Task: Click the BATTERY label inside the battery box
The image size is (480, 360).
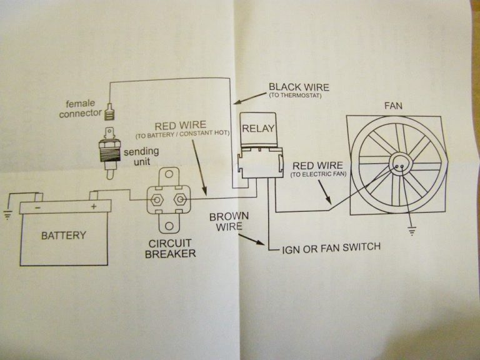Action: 63,236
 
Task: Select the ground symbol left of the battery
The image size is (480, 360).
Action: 7,216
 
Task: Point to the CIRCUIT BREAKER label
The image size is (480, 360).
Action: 170,248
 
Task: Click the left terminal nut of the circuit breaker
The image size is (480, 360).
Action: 156,201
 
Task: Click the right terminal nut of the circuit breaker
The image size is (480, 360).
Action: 181,201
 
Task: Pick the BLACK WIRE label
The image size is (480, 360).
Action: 298,87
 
